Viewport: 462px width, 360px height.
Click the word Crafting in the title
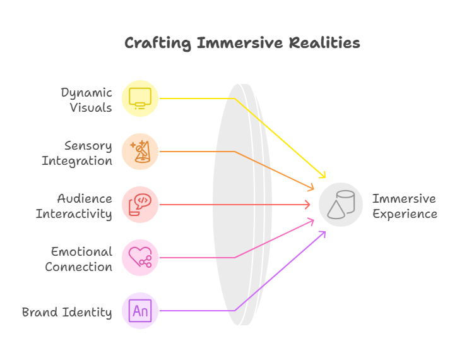(158, 44)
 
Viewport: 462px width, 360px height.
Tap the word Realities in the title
(324, 43)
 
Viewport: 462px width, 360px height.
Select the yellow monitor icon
(140, 99)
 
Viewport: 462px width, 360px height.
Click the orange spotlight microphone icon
(140, 152)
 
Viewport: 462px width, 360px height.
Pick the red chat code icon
(140, 205)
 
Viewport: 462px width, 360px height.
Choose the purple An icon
(140, 311)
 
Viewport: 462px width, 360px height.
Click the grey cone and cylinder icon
(341, 205)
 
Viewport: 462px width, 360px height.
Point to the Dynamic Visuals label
(86, 100)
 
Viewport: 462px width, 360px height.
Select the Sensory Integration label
(77, 153)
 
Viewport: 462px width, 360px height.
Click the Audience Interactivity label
(74, 207)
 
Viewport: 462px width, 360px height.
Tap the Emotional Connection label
(79, 259)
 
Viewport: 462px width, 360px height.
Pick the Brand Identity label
(67, 312)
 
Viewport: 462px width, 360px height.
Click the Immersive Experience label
(405, 207)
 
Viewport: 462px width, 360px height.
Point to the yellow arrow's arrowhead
(323, 174)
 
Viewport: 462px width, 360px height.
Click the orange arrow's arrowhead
(311, 187)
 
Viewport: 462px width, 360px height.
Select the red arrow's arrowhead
(307, 205)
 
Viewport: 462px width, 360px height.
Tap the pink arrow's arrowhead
(311, 222)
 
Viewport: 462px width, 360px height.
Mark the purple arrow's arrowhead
(323, 235)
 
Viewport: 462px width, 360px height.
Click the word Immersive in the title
(240, 43)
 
